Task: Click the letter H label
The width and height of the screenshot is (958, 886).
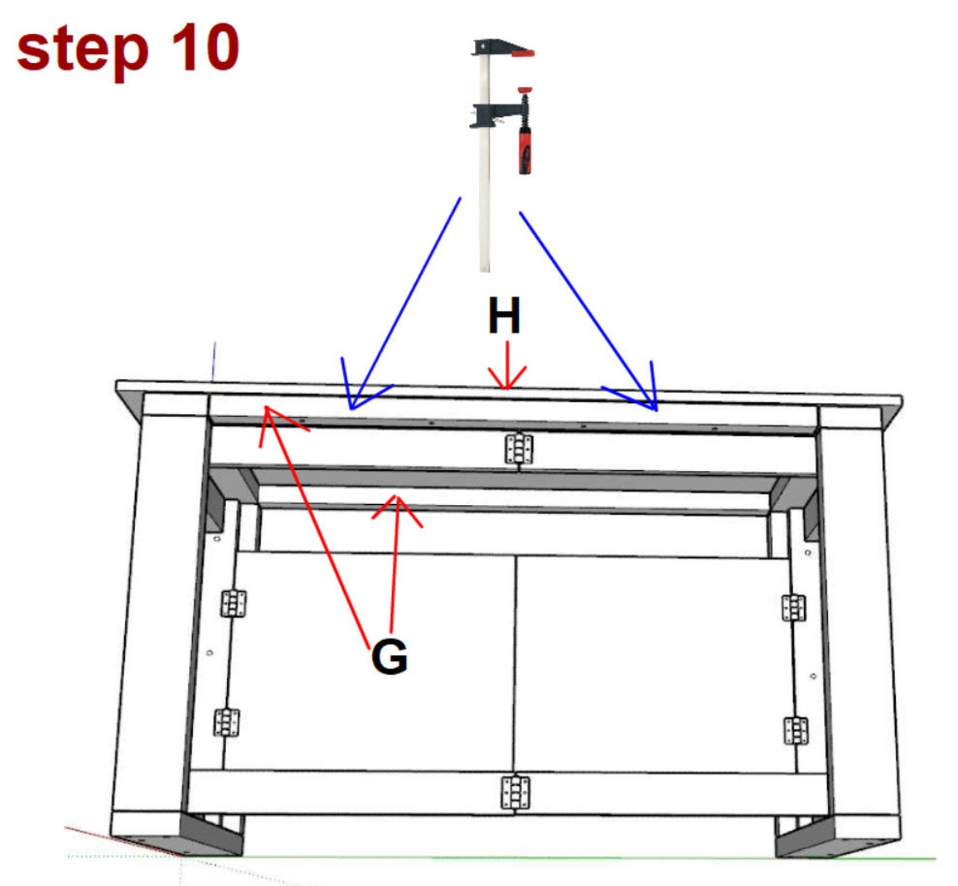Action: (504, 315)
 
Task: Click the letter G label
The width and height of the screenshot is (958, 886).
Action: (389, 657)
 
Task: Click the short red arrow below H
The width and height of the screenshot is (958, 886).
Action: (507, 368)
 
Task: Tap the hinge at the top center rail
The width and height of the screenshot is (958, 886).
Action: (519, 449)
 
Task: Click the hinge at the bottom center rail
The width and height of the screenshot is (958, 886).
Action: (516, 793)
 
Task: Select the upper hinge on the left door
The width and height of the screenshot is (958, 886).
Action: (233, 604)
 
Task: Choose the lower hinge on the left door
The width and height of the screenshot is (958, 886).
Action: (226, 723)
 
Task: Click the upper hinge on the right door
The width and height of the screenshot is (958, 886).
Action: (793, 608)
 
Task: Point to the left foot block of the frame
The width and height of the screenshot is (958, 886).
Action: (178, 833)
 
